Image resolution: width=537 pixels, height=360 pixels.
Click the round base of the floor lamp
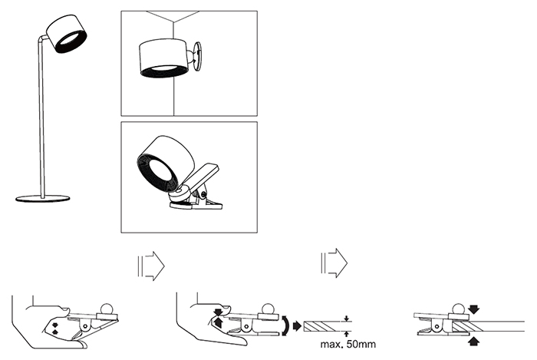pos(42,198)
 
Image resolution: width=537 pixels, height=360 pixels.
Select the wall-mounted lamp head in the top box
pos(163,59)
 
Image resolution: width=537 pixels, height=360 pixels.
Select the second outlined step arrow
pos(334,263)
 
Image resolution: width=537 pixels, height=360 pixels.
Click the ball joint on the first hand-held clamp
pos(107,309)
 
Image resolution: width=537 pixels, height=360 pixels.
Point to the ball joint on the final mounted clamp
pos(457,309)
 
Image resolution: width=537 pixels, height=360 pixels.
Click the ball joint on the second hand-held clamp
pos(268,309)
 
